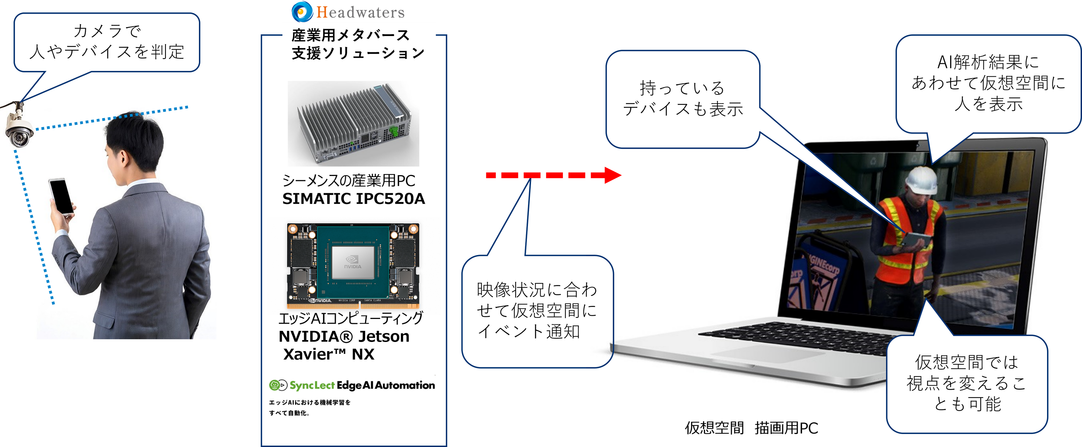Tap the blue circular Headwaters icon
[302, 11]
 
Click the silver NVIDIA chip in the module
[353, 262]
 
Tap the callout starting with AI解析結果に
[988, 83]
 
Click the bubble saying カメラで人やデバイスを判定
[107, 42]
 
